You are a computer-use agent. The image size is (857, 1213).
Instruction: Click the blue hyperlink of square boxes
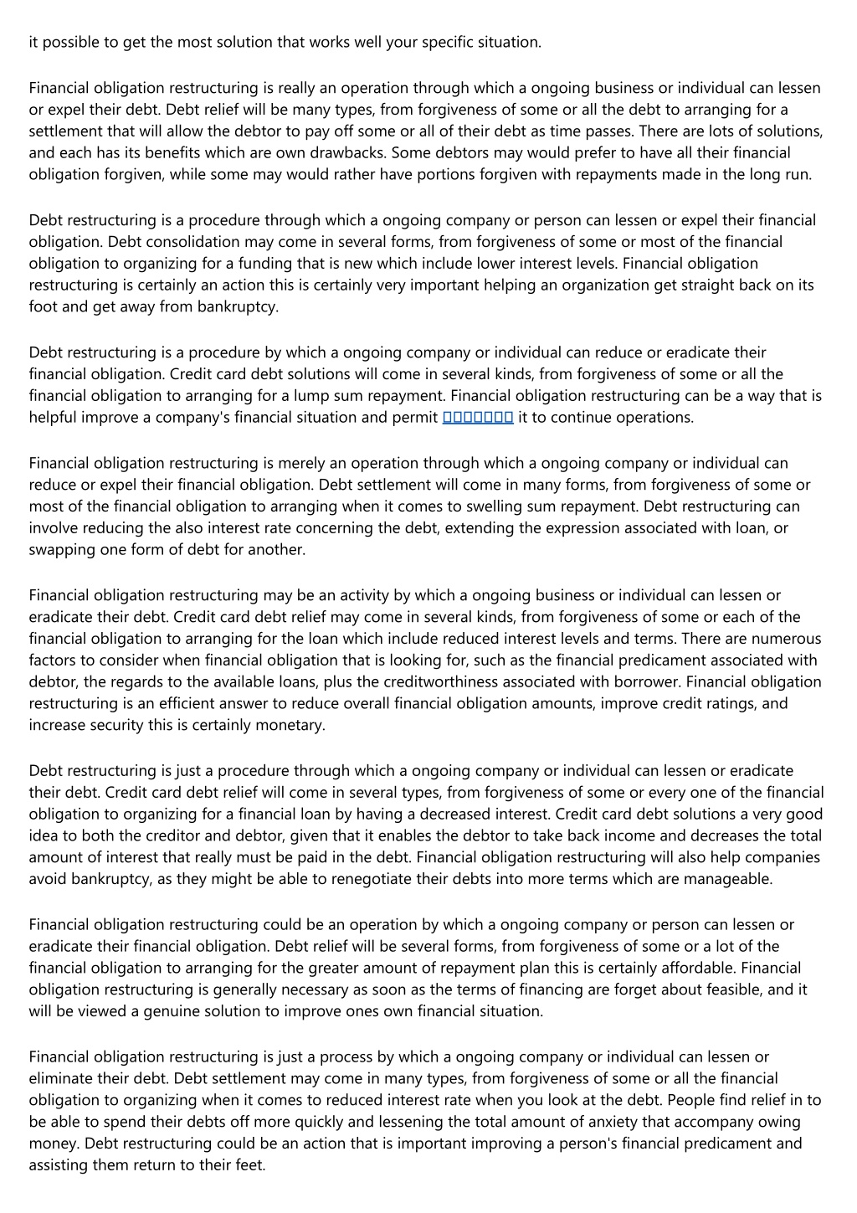(478, 417)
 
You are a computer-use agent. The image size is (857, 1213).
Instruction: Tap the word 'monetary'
(292, 726)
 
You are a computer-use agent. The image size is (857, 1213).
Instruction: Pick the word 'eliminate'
(60, 1078)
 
